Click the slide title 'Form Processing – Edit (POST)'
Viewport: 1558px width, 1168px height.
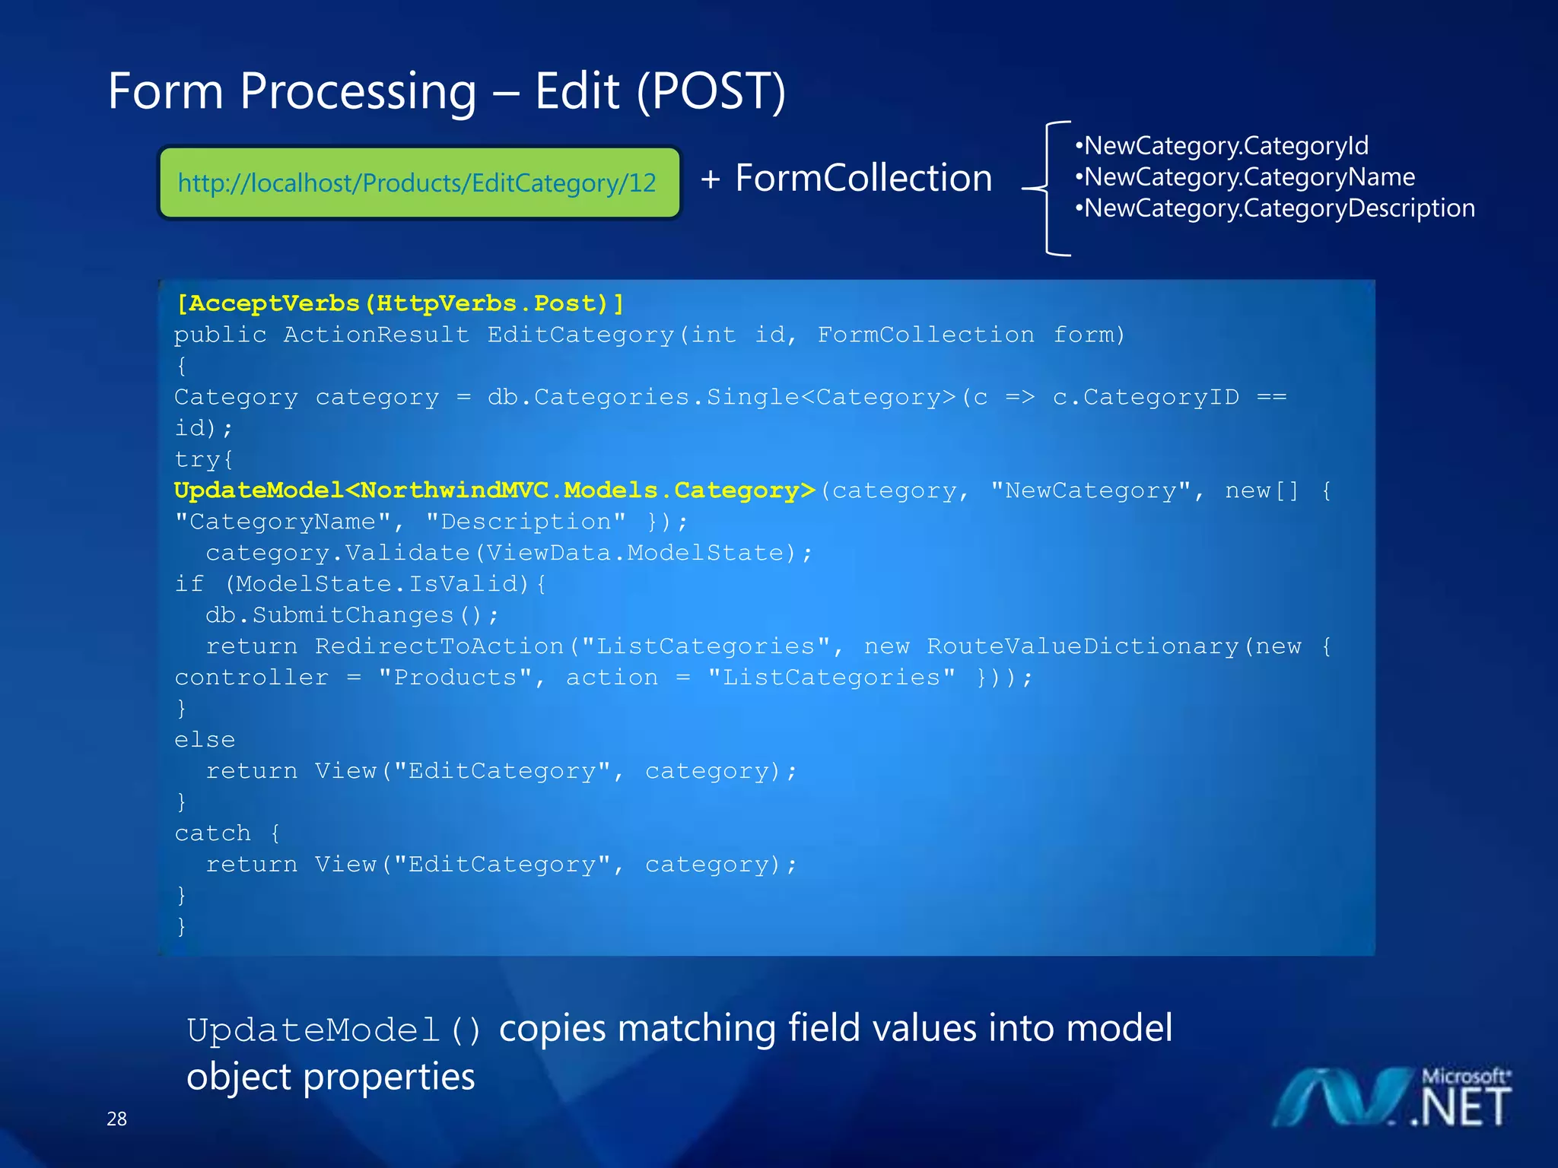[x=447, y=91]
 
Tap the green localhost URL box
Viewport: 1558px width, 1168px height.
[x=418, y=183]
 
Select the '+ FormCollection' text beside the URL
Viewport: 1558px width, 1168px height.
[x=847, y=179]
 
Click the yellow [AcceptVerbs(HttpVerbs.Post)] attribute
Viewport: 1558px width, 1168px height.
[x=400, y=303]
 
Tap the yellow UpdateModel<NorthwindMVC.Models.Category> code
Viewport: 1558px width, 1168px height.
[x=494, y=490]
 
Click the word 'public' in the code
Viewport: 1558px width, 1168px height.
[x=221, y=335]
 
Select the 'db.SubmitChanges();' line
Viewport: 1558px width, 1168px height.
[x=351, y=615]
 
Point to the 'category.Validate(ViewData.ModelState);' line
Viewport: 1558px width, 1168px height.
[x=508, y=553]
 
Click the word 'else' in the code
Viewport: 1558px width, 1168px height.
[x=205, y=740]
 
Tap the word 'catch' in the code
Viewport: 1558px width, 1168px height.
[x=213, y=833]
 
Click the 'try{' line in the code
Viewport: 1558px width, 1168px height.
[x=204, y=459]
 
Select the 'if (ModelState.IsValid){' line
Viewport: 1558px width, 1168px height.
[x=360, y=584]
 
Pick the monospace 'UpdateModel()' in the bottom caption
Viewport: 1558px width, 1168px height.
[x=335, y=1030]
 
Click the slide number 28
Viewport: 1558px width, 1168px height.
[x=117, y=1119]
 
